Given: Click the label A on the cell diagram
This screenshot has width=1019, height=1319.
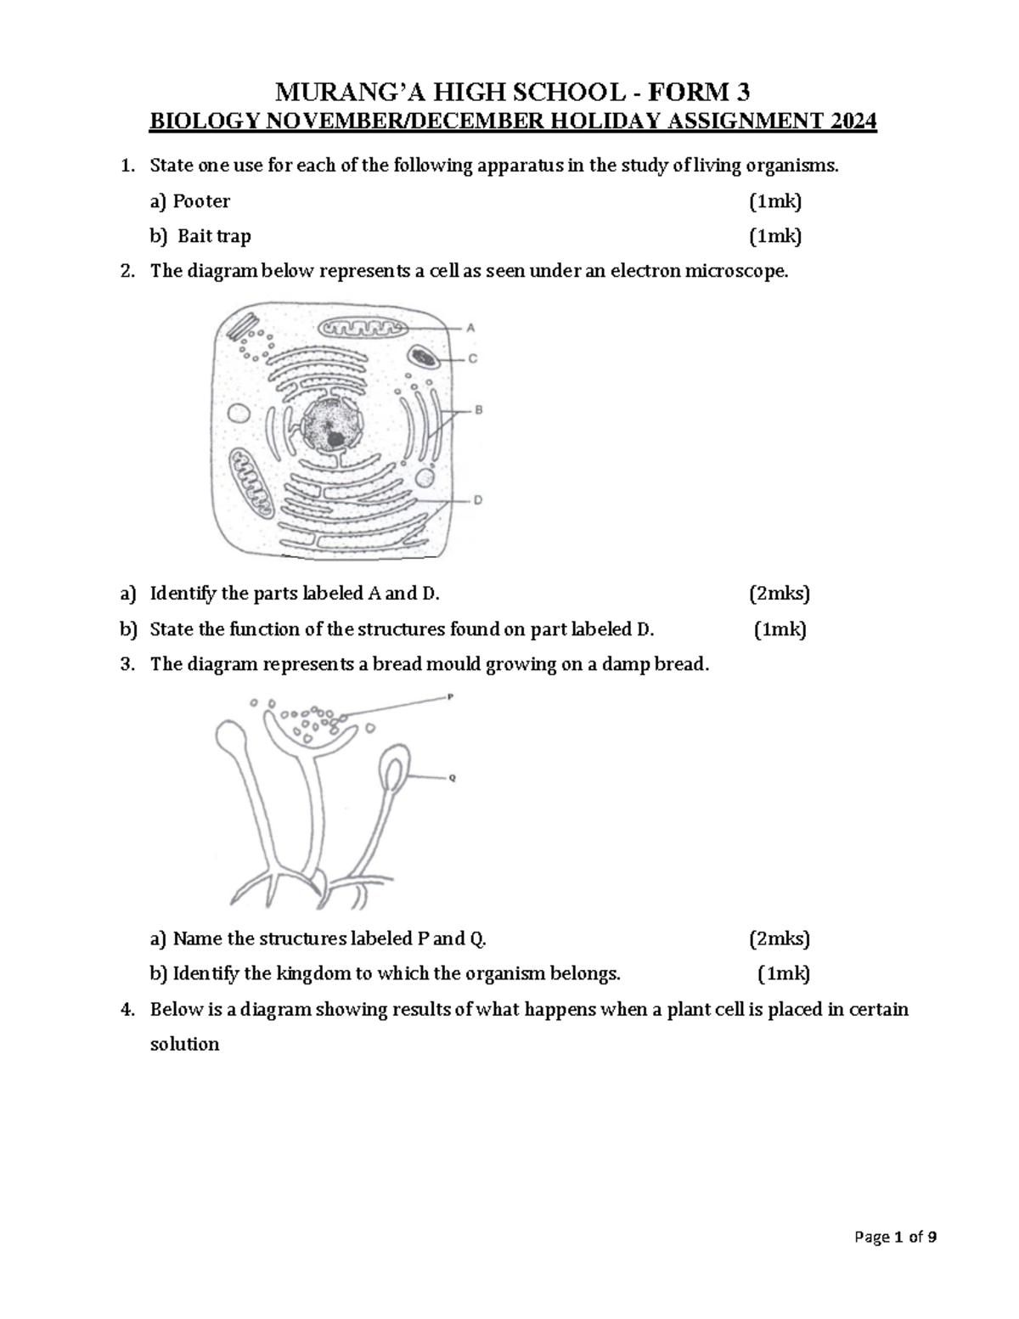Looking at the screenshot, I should point(470,326).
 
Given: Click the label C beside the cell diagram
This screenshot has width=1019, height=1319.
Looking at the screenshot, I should point(472,358).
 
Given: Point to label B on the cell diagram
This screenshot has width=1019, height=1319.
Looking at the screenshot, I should point(477,410).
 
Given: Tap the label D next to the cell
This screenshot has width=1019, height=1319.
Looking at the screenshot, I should point(478,500).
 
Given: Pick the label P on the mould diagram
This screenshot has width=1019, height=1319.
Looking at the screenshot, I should point(450,696).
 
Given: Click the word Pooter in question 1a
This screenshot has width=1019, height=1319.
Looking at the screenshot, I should point(201,201).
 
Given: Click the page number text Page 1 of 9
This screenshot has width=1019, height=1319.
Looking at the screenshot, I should point(897,1261).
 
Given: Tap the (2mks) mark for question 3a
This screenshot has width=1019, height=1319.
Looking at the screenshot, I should point(779,939).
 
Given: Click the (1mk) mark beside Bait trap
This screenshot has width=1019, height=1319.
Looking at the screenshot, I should point(774,236).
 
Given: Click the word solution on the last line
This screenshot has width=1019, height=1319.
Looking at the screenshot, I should point(184,1044).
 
